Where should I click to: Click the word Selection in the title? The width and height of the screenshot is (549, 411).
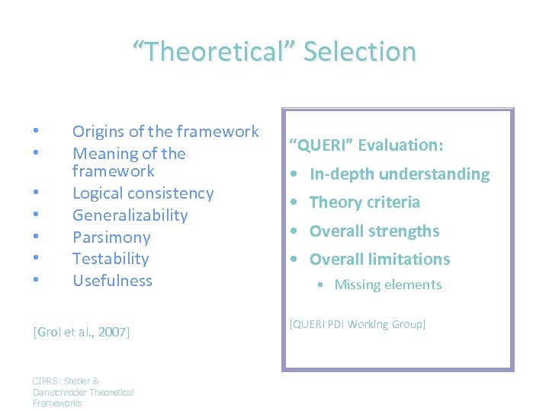[x=360, y=52]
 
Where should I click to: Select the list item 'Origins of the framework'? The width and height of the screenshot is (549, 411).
[x=165, y=132]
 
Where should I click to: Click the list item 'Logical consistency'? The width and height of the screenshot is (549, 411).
[x=143, y=193]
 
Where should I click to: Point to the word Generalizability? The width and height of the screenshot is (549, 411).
[x=130, y=215]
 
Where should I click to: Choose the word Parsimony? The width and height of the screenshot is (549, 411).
[x=111, y=237]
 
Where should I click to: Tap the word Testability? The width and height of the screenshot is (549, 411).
[x=111, y=259]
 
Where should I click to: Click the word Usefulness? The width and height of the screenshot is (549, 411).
[x=112, y=281]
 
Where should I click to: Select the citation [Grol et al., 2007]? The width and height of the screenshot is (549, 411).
[x=82, y=332]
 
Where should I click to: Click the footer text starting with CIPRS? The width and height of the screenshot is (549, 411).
[x=83, y=392]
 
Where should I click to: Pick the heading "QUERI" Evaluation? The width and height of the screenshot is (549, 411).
[x=365, y=145]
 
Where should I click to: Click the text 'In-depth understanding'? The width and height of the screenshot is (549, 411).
[x=400, y=174]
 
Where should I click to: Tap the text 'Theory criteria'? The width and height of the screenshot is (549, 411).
[x=364, y=202]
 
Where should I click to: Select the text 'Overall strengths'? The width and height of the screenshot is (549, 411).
[x=374, y=231]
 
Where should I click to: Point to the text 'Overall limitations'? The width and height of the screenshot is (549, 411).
[x=380, y=260]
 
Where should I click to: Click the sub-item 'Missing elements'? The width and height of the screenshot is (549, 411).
[x=388, y=285]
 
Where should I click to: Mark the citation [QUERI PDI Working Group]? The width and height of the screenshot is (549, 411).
[x=357, y=324]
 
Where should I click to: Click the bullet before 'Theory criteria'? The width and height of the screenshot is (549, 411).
[x=294, y=203]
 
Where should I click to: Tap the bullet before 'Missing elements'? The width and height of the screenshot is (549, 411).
[x=323, y=285]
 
